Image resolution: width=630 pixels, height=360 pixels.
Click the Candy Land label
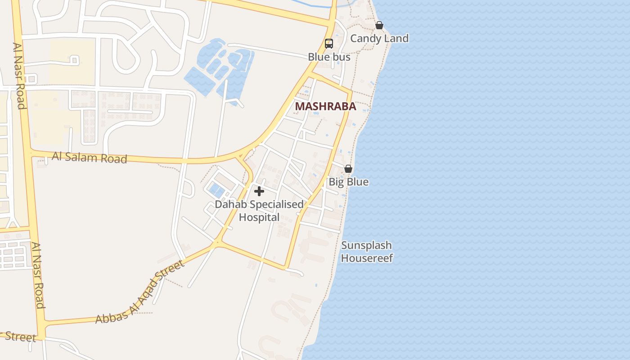[379, 39]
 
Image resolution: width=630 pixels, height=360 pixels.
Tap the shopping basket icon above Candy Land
[379, 25]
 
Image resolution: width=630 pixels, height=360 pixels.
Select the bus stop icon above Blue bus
[329, 44]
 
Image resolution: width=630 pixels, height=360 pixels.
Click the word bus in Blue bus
[342, 57]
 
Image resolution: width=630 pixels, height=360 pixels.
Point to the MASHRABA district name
[325, 107]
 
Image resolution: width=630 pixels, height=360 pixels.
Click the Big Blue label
[348, 182]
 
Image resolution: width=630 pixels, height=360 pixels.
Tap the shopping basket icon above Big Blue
[348, 169]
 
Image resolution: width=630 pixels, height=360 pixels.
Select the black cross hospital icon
[259, 191]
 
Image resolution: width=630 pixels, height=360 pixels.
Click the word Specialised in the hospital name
[276, 205]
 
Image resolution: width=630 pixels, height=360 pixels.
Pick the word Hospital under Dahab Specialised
[259, 217]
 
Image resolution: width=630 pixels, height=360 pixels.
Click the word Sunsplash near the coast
[366, 246]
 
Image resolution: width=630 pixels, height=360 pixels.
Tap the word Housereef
[367, 258]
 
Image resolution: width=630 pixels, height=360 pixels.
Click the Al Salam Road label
[89, 157]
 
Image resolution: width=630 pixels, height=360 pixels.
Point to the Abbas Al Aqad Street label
[139, 292]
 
